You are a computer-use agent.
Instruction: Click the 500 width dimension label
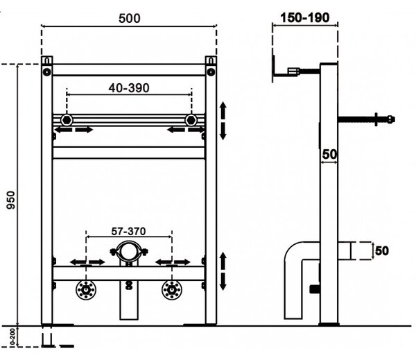click(130, 19)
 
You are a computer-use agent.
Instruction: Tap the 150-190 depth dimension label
click(305, 18)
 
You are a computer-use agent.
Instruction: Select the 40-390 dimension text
click(129, 88)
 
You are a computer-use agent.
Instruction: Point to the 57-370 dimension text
click(128, 231)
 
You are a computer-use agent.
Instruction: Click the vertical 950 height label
click(11, 200)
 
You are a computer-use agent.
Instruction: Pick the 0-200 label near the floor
click(12, 337)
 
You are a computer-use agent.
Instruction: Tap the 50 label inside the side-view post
click(329, 154)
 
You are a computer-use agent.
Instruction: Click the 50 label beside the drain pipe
click(382, 251)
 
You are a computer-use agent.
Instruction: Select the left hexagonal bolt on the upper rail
click(67, 120)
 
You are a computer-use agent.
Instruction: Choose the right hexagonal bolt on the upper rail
click(191, 120)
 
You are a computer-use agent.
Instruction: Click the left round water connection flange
click(86, 290)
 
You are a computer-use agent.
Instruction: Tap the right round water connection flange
click(172, 290)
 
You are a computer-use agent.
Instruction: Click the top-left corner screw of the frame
click(47, 71)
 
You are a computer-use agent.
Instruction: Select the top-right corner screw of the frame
click(211, 71)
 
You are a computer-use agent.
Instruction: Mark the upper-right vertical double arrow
click(223, 121)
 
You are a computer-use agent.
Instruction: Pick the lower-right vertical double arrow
click(223, 271)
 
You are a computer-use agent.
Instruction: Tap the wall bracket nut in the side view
click(294, 71)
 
